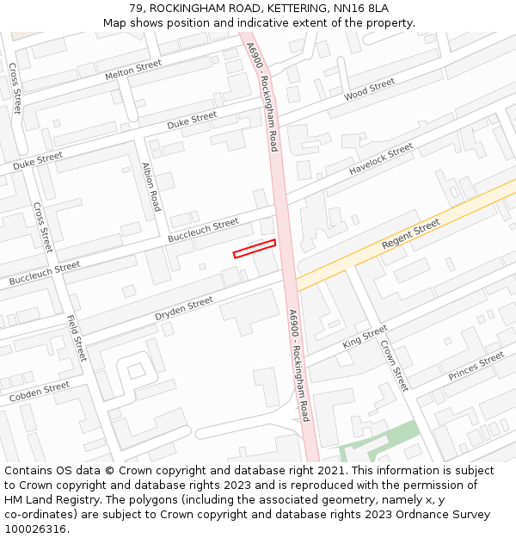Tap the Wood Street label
pos(369,89)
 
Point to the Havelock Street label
pos(381,160)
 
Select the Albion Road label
pos(151,187)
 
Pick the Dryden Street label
pos(184,309)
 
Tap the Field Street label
pos(77,338)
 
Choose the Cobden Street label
pos(40,393)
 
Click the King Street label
pos(365,337)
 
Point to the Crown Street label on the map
pos(394,365)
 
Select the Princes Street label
pos(476,367)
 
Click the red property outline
pos(255,249)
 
